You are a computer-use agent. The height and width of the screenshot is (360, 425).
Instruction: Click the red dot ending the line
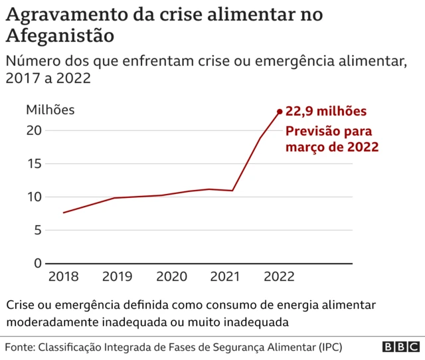pyautogui.click(x=280, y=112)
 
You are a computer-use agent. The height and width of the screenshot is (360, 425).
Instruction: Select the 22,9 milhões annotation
pyautogui.click(x=325, y=112)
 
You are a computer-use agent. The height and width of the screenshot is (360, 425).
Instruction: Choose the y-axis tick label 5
pyautogui.click(x=38, y=230)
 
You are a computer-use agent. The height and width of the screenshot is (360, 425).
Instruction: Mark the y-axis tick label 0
pyautogui.click(x=38, y=264)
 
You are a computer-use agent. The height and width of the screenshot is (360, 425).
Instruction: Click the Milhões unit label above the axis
pyautogui.click(x=50, y=110)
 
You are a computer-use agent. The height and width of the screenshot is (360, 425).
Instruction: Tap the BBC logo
pyautogui.click(x=400, y=347)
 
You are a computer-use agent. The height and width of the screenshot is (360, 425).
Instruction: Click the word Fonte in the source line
pyautogui.click(x=19, y=347)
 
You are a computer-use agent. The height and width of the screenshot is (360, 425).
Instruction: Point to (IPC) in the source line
pyautogui.click(x=330, y=347)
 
